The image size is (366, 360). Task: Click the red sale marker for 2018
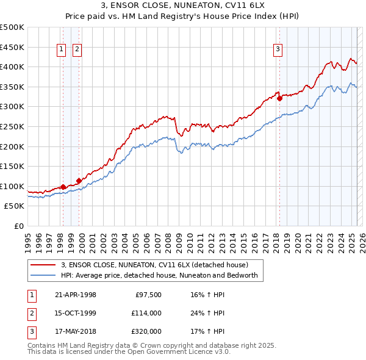(279, 98)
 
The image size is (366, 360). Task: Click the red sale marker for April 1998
(63, 187)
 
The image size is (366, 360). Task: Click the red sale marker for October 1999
(79, 181)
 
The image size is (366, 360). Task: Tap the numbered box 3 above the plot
(278, 50)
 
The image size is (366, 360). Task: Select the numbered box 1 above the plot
(62, 50)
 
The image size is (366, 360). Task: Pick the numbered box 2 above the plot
(77, 50)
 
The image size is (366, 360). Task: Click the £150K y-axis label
(12, 166)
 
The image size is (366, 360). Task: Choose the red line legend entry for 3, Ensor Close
(154, 265)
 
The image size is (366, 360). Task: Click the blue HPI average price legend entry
(159, 276)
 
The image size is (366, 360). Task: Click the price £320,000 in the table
(146, 331)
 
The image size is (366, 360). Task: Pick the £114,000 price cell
(146, 313)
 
